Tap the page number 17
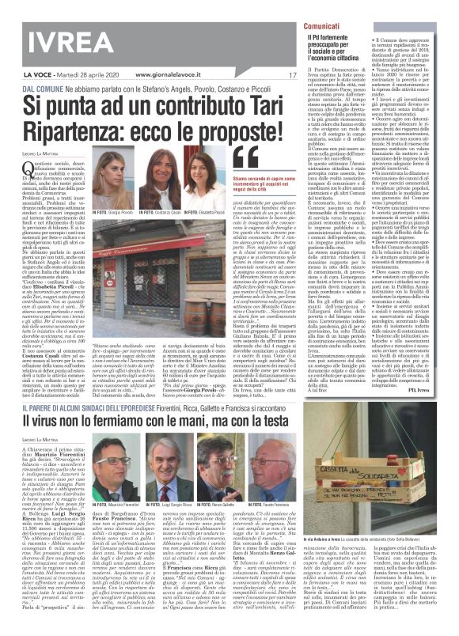270,76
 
